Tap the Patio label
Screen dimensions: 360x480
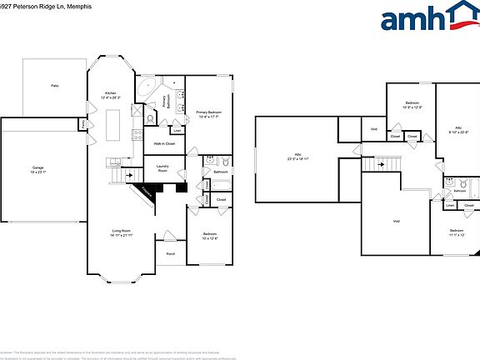pos(55,86)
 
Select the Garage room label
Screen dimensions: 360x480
pos(38,169)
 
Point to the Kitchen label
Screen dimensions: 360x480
pos(110,93)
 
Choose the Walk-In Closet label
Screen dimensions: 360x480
pos(162,143)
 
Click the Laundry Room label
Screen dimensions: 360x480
pos(163,169)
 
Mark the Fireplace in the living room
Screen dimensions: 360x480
pos(147,192)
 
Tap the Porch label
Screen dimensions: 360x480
pos(171,253)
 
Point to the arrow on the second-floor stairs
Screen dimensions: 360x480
pos(381,164)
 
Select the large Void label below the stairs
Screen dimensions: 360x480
pos(397,220)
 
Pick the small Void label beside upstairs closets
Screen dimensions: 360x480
pos(373,129)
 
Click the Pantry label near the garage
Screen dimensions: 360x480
pos(84,124)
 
